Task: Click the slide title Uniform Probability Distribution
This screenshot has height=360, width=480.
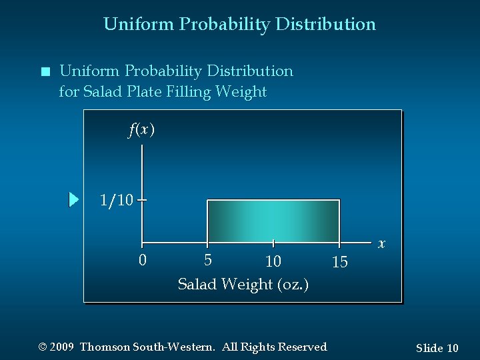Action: [239, 25]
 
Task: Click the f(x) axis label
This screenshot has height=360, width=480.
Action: [141, 129]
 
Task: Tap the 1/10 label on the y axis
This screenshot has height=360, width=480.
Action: [116, 199]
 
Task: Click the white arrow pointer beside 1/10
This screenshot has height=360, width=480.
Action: [74, 199]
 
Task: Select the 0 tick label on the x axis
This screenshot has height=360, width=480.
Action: [142, 260]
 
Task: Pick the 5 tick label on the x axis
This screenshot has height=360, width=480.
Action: [208, 259]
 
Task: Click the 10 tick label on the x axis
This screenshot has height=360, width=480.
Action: [273, 261]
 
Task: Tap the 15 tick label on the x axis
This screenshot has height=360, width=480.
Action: [339, 263]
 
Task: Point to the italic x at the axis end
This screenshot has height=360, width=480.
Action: [381, 244]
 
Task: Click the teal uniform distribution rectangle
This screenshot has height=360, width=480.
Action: [273, 220]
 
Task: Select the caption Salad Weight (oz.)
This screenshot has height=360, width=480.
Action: [243, 284]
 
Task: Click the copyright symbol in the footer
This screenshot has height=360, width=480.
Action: [43, 347]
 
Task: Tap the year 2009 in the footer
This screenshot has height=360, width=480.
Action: [62, 347]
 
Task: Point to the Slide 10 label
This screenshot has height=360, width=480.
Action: [437, 348]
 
